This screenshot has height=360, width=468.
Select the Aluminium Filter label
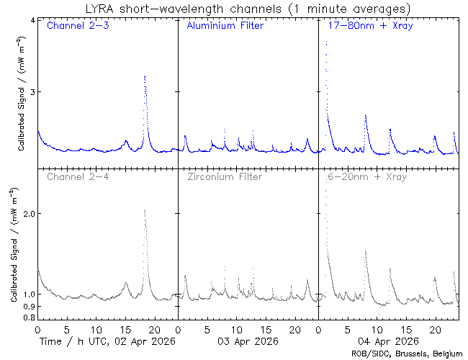coord(225,27)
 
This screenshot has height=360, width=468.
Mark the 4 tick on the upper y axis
coord(32,19)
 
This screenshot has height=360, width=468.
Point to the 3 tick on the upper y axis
coord(32,92)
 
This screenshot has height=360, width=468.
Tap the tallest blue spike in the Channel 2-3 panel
coord(145,76)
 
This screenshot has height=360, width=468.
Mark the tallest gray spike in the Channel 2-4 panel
coord(145,211)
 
